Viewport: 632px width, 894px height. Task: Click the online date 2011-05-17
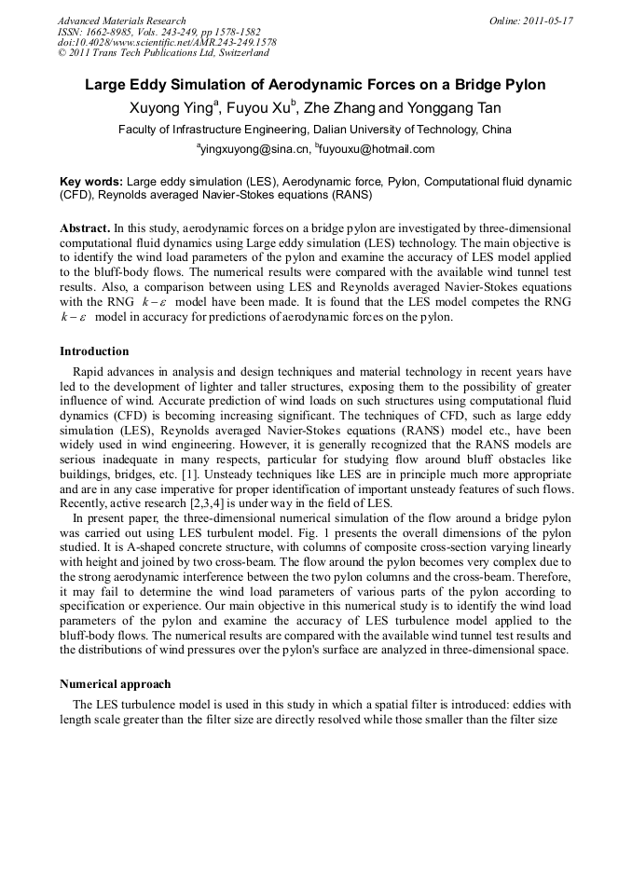click(x=549, y=21)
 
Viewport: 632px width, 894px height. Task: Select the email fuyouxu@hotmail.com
click(x=378, y=149)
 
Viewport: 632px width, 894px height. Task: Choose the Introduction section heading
click(x=94, y=351)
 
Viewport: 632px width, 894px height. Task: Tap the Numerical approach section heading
click(x=116, y=684)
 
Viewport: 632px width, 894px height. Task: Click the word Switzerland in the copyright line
click(x=237, y=54)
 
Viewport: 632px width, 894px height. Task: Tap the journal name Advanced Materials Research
click(x=122, y=21)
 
